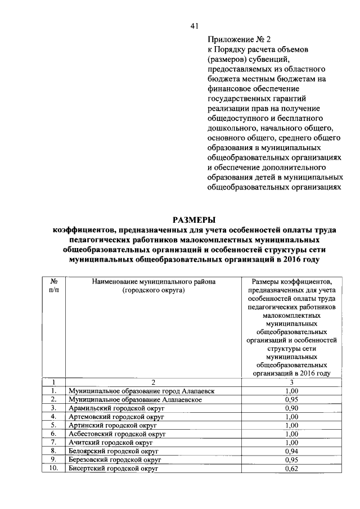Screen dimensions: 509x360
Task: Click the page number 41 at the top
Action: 195,26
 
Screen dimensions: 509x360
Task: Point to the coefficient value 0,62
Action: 291,469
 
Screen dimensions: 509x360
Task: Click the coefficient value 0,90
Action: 291,407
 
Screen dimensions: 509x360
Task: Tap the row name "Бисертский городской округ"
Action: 113,469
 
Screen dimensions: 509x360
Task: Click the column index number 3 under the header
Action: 291,381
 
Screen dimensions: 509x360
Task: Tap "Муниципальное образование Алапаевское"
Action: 134,399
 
